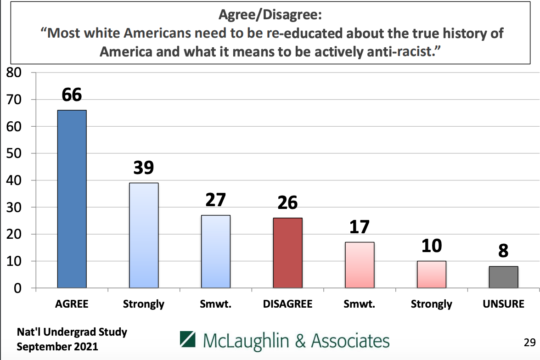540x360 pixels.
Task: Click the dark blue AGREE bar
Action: [x=72, y=199]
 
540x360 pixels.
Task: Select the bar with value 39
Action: [x=144, y=235]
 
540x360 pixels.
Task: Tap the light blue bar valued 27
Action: [x=216, y=251]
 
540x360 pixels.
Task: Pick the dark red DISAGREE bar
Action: [x=287, y=253]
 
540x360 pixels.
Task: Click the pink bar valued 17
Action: [x=360, y=265]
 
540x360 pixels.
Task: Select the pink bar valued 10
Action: [x=432, y=274]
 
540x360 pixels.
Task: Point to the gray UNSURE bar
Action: [x=503, y=277]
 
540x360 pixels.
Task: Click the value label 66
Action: [x=72, y=95]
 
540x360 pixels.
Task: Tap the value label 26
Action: [x=287, y=202]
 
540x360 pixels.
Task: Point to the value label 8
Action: [x=503, y=251]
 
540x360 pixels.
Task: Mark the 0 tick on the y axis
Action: [x=17, y=288]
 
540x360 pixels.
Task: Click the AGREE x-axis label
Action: [x=72, y=304]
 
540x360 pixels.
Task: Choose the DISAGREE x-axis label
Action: [x=287, y=304]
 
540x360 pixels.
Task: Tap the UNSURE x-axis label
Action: [x=503, y=304]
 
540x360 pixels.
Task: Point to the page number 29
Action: [x=529, y=342]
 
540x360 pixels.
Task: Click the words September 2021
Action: [x=57, y=346]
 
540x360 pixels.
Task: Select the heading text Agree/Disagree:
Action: [x=270, y=16]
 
